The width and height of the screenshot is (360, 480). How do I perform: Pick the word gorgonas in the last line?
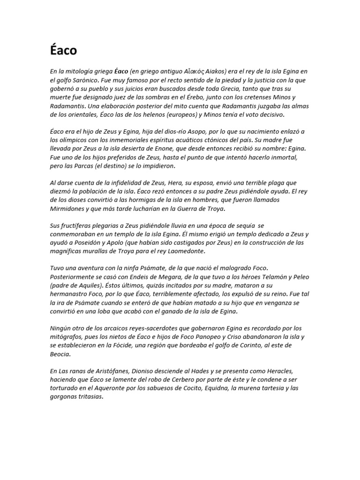pyautogui.click(x=65, y=397)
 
